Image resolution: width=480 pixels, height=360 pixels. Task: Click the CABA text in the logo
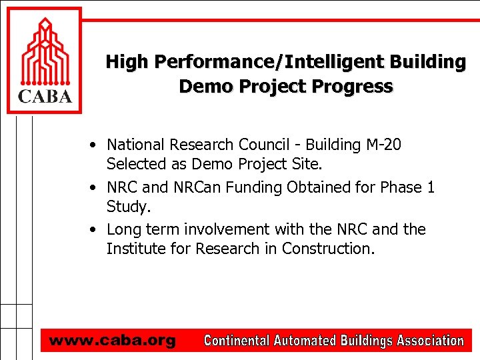click(x=44, y=97)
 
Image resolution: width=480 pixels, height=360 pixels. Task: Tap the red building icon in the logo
click(x=45, y=53)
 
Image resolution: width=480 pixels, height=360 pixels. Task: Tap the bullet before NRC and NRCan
click(x=97, y=188)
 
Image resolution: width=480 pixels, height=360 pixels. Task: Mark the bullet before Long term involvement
click(x=97, y=230)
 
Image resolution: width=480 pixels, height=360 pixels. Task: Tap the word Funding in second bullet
click(x=254, y=187)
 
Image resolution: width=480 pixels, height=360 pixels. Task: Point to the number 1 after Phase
click(x=430, y=187)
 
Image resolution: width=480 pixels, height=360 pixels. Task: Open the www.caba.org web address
click(x=112, y=341)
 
